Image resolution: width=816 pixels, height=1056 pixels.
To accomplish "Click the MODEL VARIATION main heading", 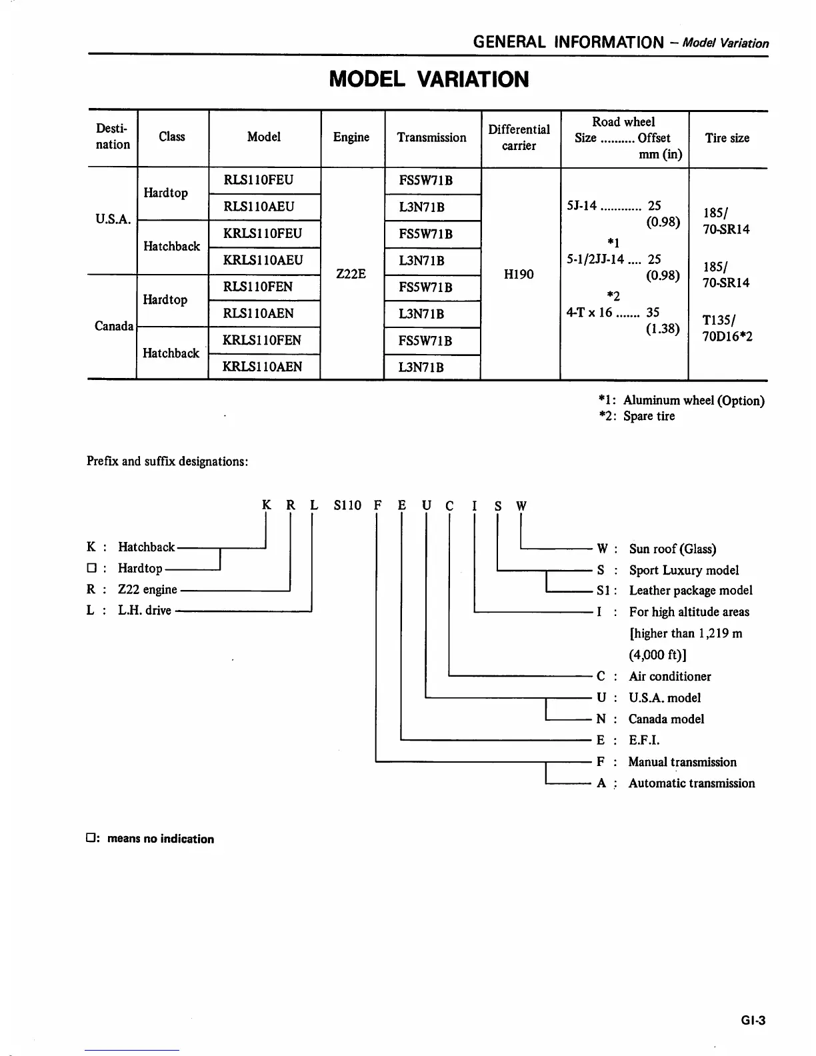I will coord(429,79).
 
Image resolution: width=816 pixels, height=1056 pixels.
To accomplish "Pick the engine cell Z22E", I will coord(351,274).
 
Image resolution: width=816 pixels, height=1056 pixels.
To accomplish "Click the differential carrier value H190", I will coord(519,274).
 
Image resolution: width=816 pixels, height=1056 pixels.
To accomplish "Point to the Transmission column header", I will coord(431,138).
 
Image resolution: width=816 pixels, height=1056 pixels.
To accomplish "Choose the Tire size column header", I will coord(727,138).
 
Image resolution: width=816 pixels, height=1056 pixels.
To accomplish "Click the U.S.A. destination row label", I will coord(113,219).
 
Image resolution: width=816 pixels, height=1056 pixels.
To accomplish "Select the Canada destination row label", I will coord(114,326).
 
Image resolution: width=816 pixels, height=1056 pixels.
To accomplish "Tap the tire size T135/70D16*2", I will coord(727,328).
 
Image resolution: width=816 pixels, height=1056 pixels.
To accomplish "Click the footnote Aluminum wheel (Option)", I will coord(693,401).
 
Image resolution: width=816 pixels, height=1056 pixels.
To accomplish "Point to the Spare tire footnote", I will coord(649,417).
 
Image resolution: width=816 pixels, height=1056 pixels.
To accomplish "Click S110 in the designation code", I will coord(347,505).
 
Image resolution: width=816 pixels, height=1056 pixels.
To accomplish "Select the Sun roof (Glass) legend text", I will coord(672,549).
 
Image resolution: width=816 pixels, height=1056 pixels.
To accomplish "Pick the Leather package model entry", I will coord(691,591).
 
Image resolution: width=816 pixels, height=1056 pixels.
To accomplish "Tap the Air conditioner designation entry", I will coord(669,677).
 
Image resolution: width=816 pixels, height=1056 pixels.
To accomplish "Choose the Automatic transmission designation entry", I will coord(691,783).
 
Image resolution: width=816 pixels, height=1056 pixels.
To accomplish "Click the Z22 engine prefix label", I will coord(147,589).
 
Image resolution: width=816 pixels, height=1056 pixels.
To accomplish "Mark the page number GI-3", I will coord(753,1021).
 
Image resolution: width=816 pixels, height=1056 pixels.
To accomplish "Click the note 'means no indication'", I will coord(160,839).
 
